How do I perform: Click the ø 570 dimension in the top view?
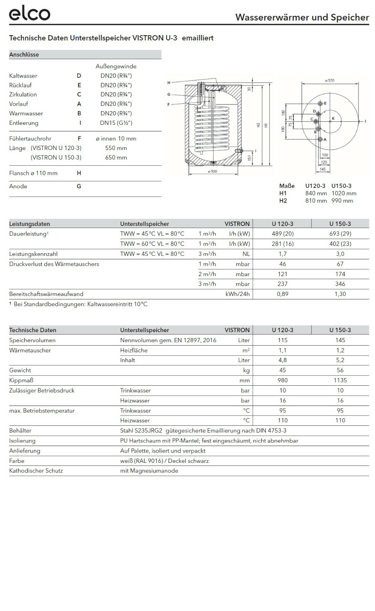pos(330,81)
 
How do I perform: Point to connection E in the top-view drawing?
pos(321,103)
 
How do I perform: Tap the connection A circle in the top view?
pos(320,139)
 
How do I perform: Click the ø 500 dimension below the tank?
pos(212,171)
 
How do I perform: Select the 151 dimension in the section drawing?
pos(249,157)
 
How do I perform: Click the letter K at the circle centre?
pos(333,119)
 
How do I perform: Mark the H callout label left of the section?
pos(169,83)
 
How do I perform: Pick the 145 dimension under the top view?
pos(323,169)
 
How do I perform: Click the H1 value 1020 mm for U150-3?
pos(344,193)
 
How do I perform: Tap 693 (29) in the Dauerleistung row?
pos(340,234)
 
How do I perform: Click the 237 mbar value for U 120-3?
pos(283,284)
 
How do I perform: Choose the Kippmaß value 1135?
pos(340,380)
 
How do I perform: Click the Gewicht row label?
pos(20,370)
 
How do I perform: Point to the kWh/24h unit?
pos(238,294)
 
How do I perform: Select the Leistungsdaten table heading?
pos(29,224)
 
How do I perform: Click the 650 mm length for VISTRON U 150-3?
pos(116,157)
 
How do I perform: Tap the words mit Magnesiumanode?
pos(149,471)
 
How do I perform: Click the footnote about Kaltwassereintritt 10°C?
pos(79,304)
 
